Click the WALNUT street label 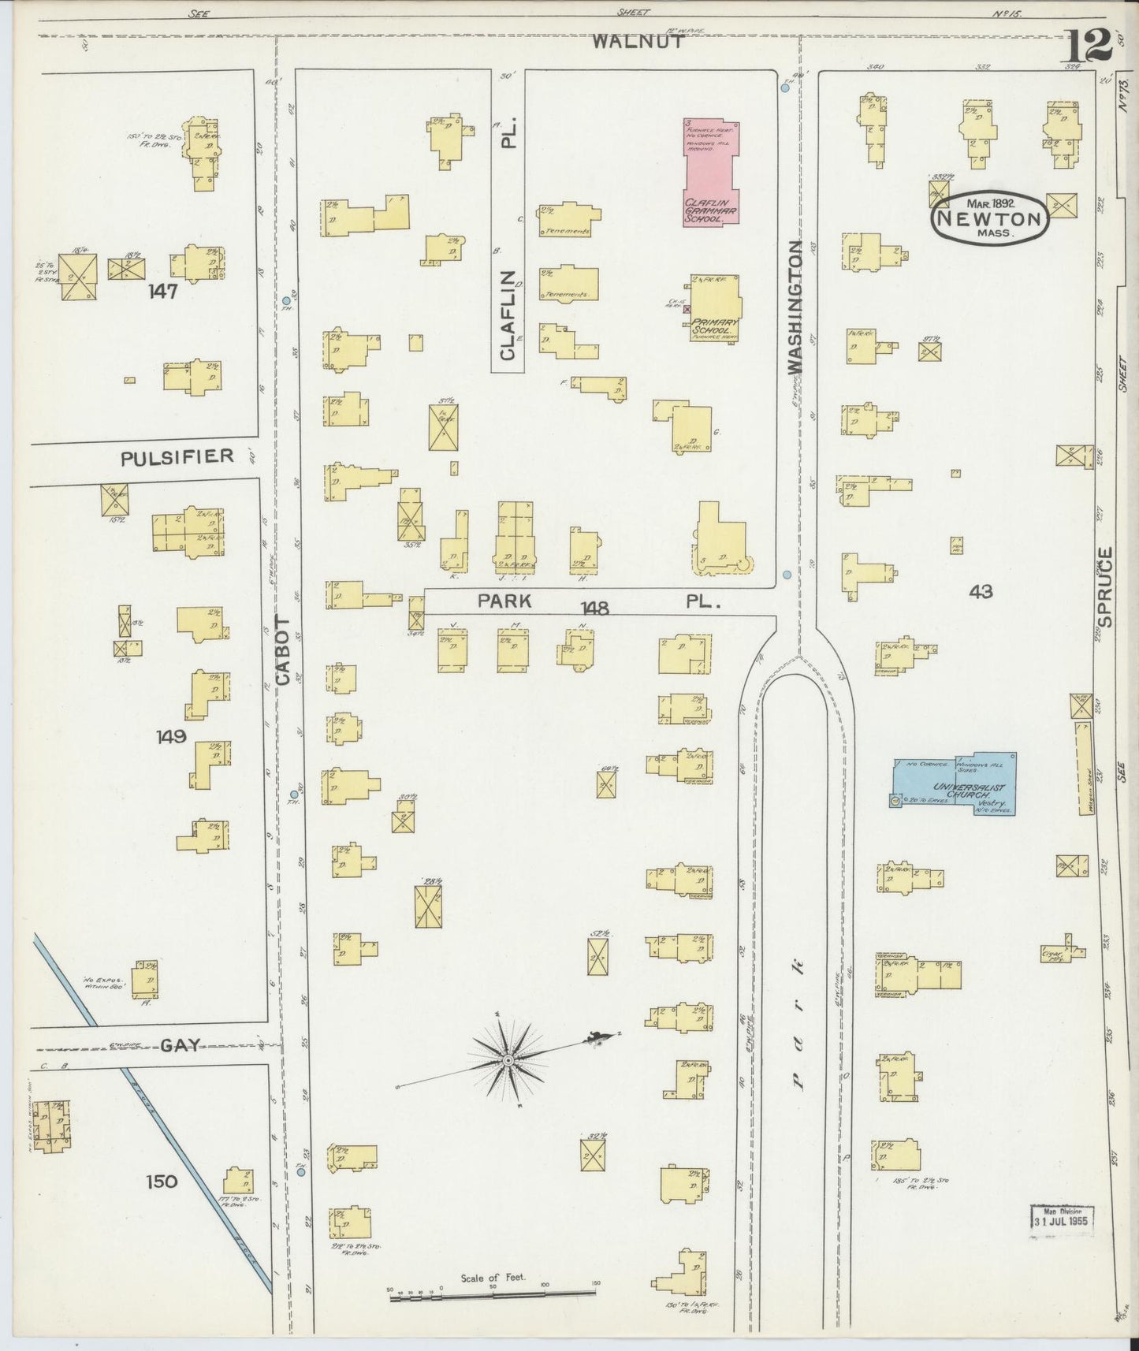(638, 42)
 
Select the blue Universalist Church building (955, 783)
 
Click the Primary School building (715, 308)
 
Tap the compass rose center (508, 1061)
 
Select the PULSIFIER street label (177, 456)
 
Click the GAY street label (179, 1045)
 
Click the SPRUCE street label (1104, 587)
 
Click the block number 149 (171, 736)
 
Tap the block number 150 (162, 1181)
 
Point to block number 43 (981, 591)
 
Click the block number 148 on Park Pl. (594, 608)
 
